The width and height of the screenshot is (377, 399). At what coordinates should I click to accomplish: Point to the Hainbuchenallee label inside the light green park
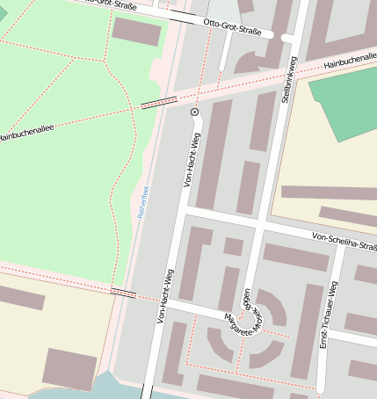pos(26,134)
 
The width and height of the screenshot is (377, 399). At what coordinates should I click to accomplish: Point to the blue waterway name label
pos(142,202)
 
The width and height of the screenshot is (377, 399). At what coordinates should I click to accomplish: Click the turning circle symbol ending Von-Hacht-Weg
pos(195,112)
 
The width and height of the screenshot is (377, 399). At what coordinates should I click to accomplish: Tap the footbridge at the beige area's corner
pos(123,293)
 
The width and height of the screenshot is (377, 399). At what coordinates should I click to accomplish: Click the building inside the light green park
pos(137,31)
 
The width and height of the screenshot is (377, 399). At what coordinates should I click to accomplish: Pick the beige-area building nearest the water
pos(69,368)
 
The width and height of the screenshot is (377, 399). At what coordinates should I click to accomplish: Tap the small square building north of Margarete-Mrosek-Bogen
pos(233,247)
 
